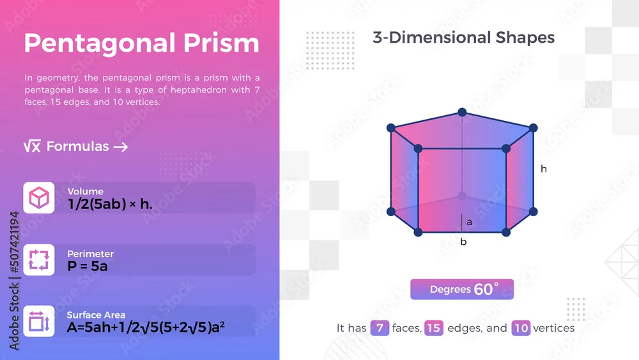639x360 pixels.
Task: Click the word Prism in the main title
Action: click(x=221, y=43)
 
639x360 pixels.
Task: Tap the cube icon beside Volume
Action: click(x=39, y=198)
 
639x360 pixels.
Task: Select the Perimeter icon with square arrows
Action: click(x=39, y=260)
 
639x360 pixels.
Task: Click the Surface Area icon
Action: click(x=39, y=321)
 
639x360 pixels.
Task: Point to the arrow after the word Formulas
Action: click(x=121, y=147)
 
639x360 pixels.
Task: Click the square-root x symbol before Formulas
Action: click(x=32, y=146)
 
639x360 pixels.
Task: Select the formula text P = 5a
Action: click(x=88, y=266)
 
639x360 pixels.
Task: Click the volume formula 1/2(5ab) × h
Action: click(x=110, y=204)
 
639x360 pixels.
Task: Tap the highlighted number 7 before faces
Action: click(x=380, y=328)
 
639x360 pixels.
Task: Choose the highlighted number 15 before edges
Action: click(x=434, y=328)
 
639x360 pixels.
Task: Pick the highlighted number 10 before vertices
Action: click(x=521, y=328)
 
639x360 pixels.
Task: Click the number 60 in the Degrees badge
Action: click(x=483, y=290)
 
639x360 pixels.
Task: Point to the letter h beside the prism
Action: click(x=544, y=169)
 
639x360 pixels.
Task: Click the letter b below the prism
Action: click(x=463, y=242)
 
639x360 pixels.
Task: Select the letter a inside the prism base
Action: click(x=470, y=222)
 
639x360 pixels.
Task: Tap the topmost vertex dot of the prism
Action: click(x=462, y=112)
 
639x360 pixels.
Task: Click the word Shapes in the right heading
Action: click(x=525, y=38)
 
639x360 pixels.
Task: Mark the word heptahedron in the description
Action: click(x=199, y=90)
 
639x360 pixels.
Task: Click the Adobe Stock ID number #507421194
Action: click(x=14, y=242)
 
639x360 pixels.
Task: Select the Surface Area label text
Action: click(x=96, y=315)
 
